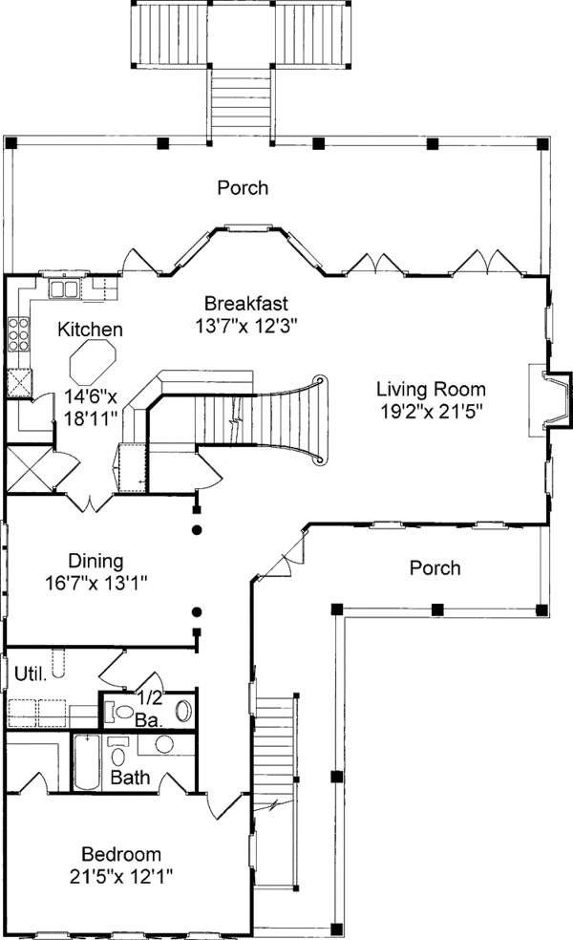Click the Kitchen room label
click(90, 330)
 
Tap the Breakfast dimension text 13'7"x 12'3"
click(246, 326)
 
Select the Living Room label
click(431, 389)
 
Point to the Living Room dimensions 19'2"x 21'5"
click(432, 412)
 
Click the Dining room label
click(95, 561)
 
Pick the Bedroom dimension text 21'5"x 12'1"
click(121, 877)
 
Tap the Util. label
click(31, 673)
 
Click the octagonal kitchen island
click(93, 362)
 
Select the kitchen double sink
click(64, 288)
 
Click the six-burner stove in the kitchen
click(18, 334)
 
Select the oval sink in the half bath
click(184, 711)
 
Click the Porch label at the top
click(243, 187)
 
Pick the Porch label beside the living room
click(435, 567)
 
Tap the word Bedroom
click(121, 854)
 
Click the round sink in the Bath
click(164, 744)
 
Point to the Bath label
click(130, 778)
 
